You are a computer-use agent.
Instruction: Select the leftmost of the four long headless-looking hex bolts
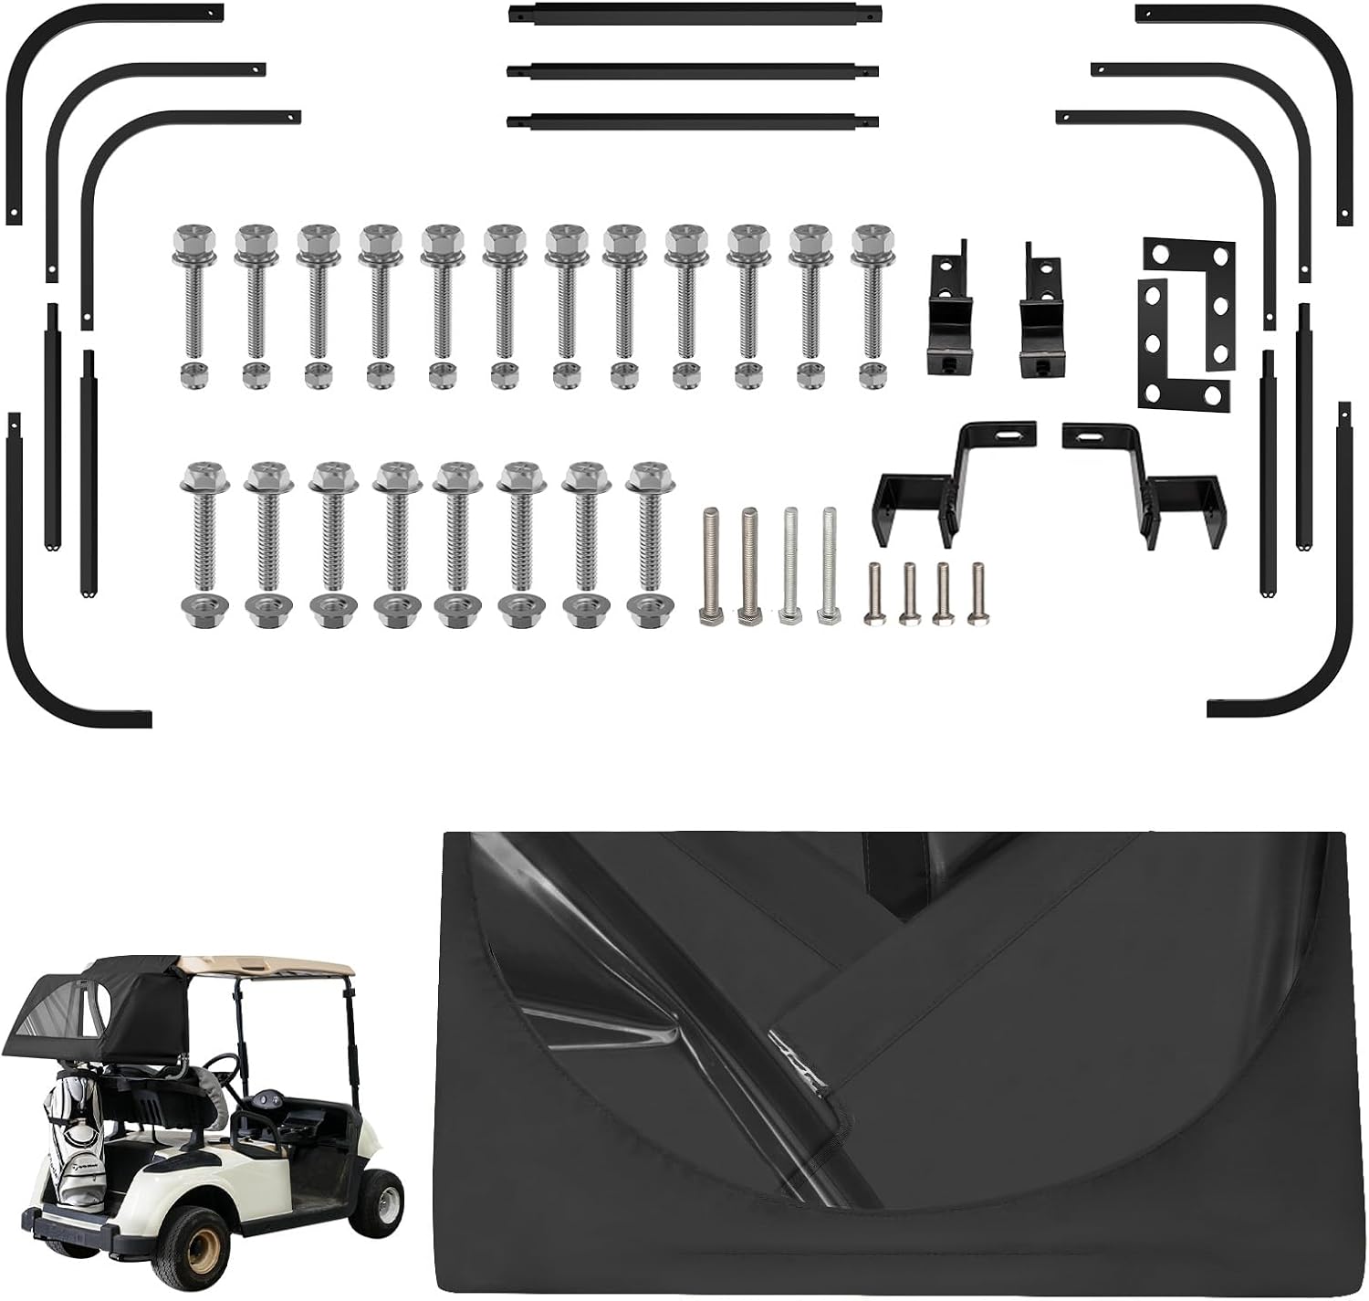click(x=712, y=566)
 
